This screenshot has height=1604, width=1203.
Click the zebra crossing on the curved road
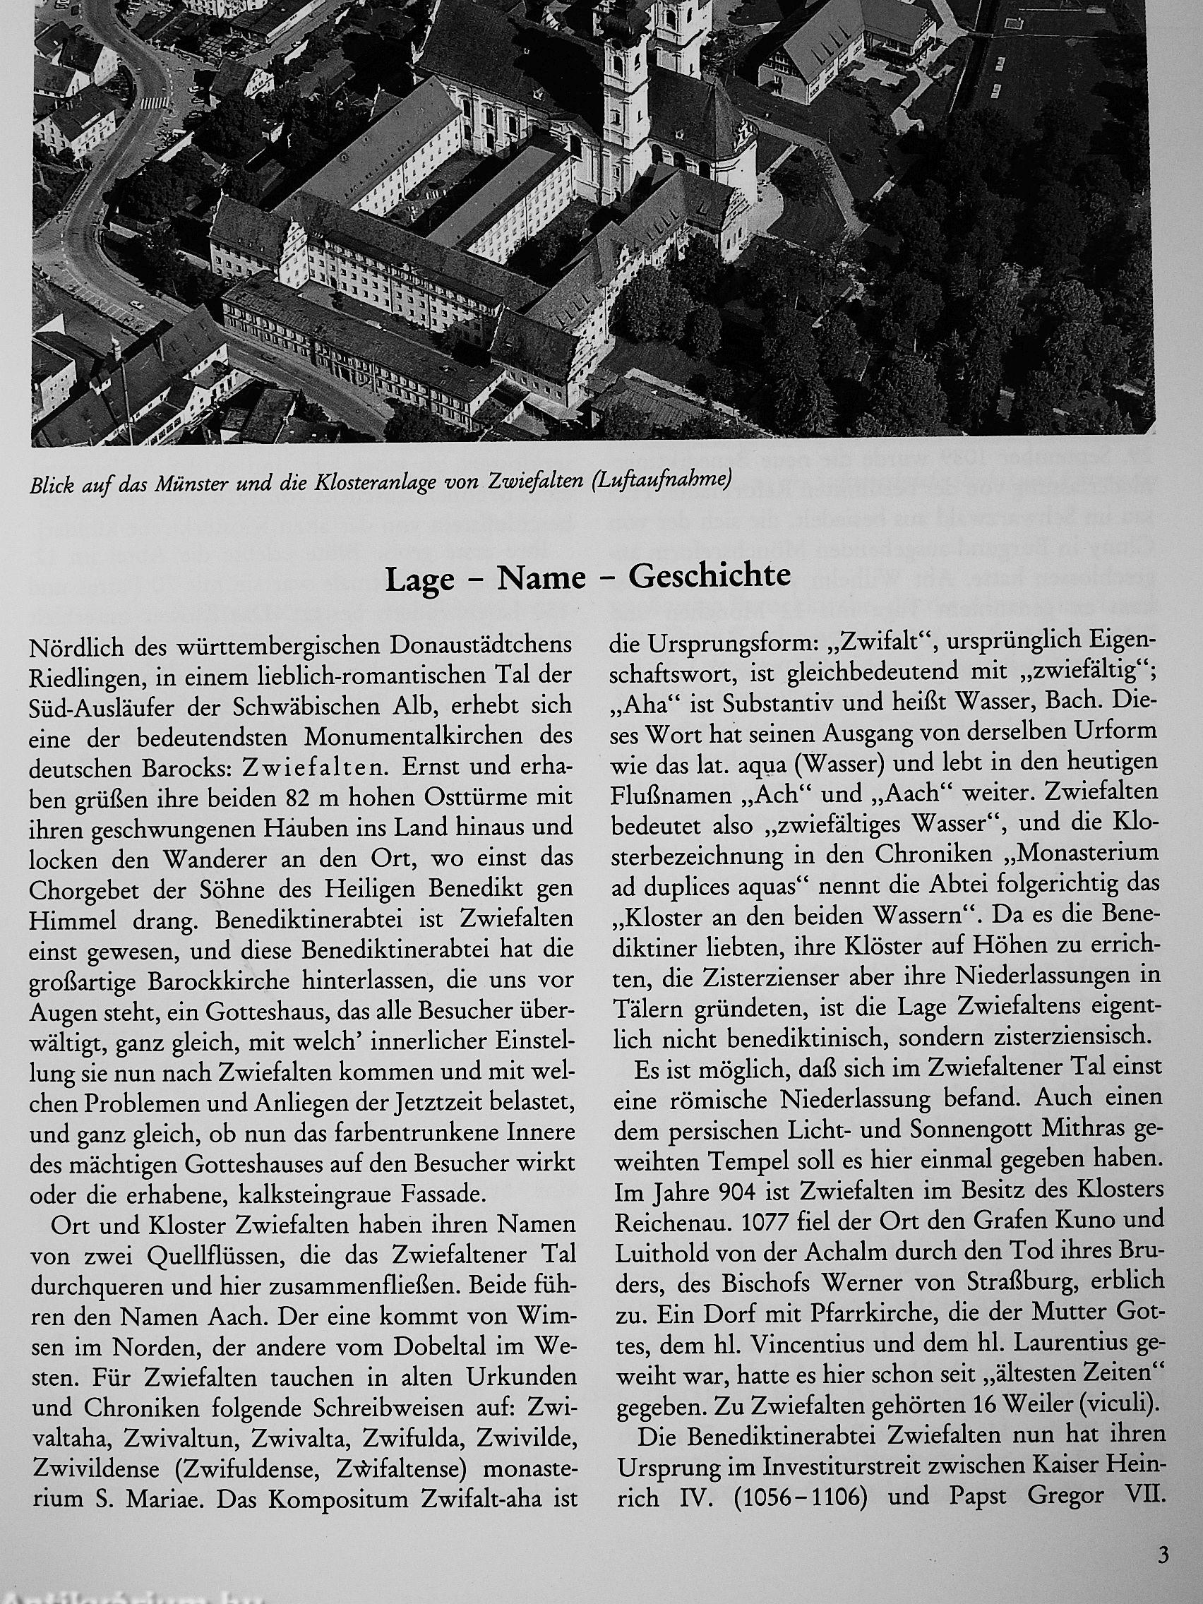pyautogui.click(x=155, y=103)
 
